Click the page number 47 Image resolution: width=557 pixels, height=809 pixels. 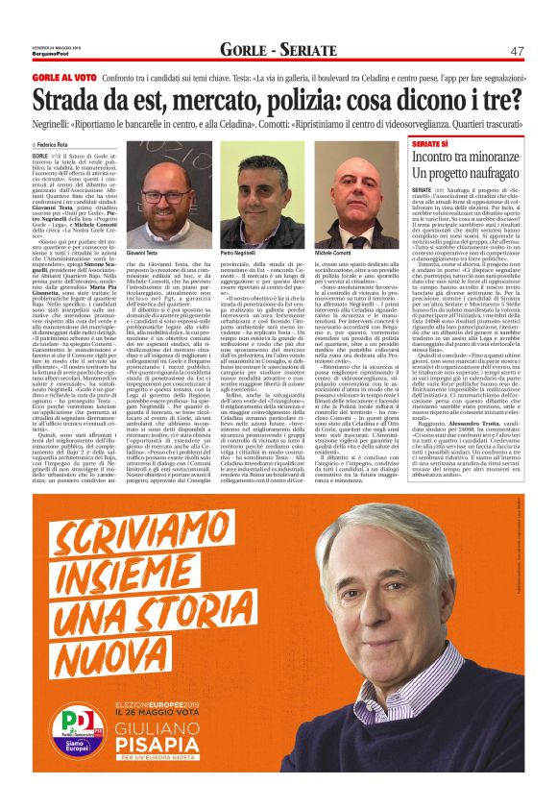[517, 50]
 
